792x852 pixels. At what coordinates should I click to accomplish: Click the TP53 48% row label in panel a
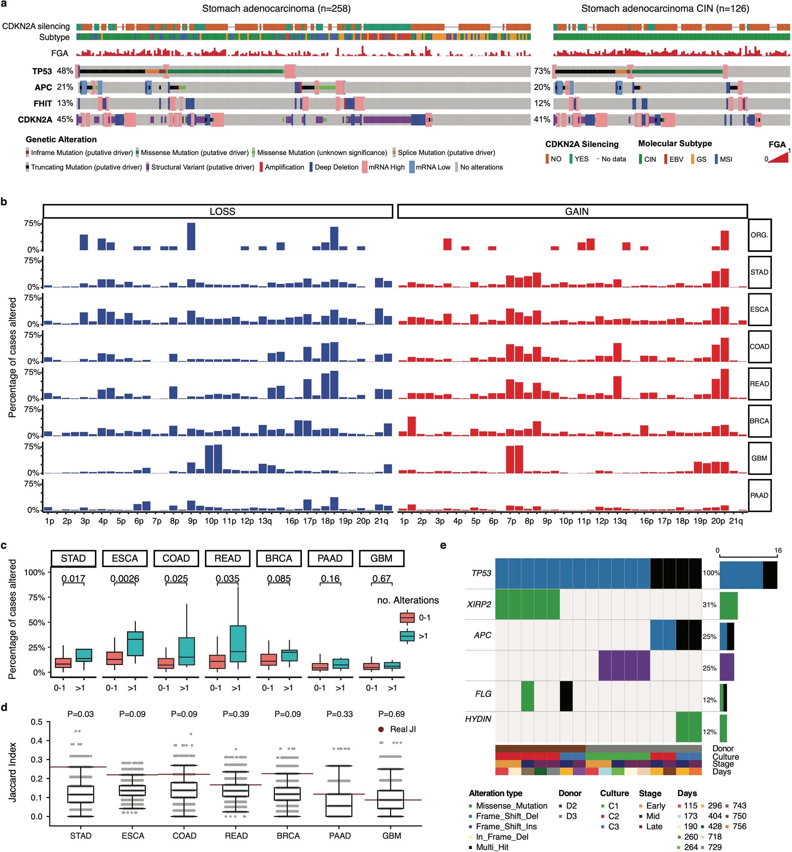52,71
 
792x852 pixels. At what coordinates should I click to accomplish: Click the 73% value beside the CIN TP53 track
542,71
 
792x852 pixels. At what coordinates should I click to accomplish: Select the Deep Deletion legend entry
336,167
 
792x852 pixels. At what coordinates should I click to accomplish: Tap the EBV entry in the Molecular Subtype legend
676,159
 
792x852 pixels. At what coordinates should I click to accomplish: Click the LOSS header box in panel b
218,212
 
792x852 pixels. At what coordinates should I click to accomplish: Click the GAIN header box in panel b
572,212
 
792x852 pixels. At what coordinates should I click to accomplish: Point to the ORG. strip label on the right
759,235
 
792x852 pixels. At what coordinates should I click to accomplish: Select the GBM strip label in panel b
759,458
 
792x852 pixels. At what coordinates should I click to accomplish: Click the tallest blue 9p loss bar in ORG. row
191,237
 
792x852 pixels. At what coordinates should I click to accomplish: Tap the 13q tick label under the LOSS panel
265,521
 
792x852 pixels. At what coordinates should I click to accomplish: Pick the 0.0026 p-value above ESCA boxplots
125,579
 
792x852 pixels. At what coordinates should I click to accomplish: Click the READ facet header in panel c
227,558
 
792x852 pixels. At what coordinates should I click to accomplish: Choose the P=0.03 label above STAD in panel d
81,714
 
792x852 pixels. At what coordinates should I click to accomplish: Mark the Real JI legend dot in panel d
381,730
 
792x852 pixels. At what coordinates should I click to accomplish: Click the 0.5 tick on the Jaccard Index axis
37,722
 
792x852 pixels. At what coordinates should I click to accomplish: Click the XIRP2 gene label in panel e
479,605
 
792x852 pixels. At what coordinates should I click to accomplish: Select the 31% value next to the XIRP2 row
709,605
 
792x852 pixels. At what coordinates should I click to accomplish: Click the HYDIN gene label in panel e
478,719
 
